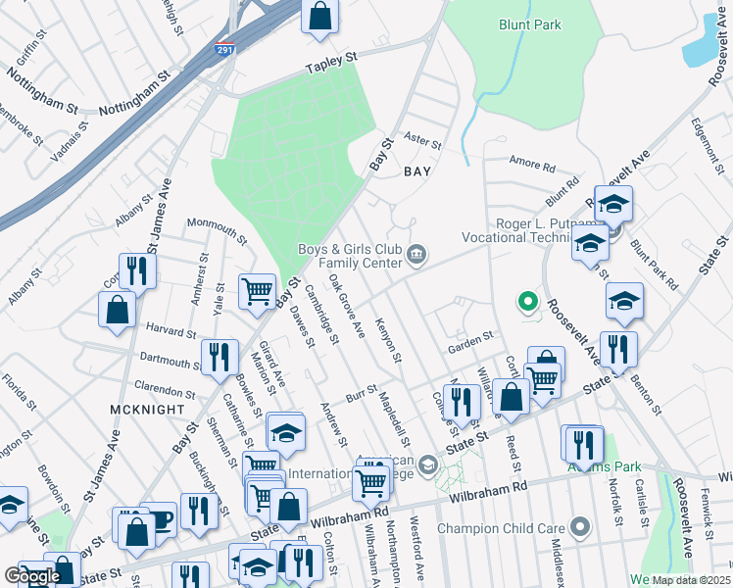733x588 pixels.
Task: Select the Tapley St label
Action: tap(330, 64)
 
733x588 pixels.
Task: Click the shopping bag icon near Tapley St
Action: tap(320, 16)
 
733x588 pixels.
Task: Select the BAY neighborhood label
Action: tap(417, 171)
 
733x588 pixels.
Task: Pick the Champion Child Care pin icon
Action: tap(579, 529)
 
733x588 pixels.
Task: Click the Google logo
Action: tap(32, 576)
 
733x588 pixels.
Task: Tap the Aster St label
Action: tap(424, 142)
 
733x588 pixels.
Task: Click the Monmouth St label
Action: tap(217, 229)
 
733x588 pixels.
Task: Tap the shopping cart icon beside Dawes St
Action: tap(257, 290)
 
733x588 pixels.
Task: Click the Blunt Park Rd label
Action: tap(654, 263)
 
